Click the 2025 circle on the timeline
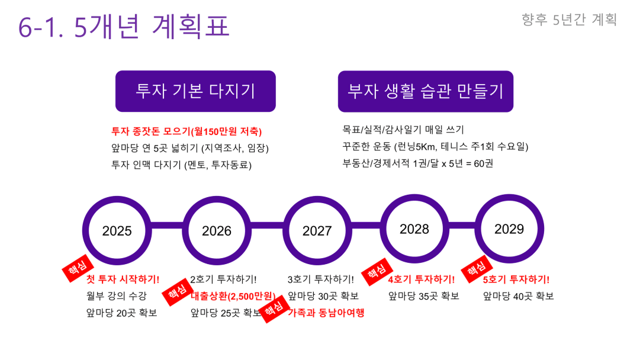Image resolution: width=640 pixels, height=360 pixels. pos(117,230)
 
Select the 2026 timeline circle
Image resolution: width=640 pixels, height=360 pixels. pos(217,230)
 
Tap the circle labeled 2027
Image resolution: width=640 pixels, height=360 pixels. pos(317,230)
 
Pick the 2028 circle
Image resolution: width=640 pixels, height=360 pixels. pos(414,229)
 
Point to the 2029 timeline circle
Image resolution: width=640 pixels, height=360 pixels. pos(509,229)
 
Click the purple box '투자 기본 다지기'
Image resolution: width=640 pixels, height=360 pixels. pos(195,91)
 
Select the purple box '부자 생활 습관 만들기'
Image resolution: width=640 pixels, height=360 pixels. pos(426,91)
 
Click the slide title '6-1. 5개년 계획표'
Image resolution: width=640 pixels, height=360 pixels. pos(124,26)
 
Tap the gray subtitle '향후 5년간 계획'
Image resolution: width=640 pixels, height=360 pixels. pos(569,20)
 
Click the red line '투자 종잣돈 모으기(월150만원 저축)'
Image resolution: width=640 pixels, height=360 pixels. pos(186,131)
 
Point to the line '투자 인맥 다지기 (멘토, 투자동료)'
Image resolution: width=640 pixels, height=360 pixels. pos(181,165)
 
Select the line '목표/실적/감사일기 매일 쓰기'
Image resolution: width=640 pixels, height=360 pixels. pos(403,130)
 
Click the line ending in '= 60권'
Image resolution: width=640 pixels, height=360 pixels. pos(417,163)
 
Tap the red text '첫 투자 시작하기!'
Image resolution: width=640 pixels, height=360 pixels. pos(123,279)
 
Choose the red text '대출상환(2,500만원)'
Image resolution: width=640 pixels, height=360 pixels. pos(233,296)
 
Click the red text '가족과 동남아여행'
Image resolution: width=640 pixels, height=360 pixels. pos(326,313)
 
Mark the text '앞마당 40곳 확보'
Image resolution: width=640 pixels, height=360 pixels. pos(519,296)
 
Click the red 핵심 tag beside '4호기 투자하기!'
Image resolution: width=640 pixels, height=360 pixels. pos(377,271)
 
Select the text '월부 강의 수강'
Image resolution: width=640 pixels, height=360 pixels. pos(116,296)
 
